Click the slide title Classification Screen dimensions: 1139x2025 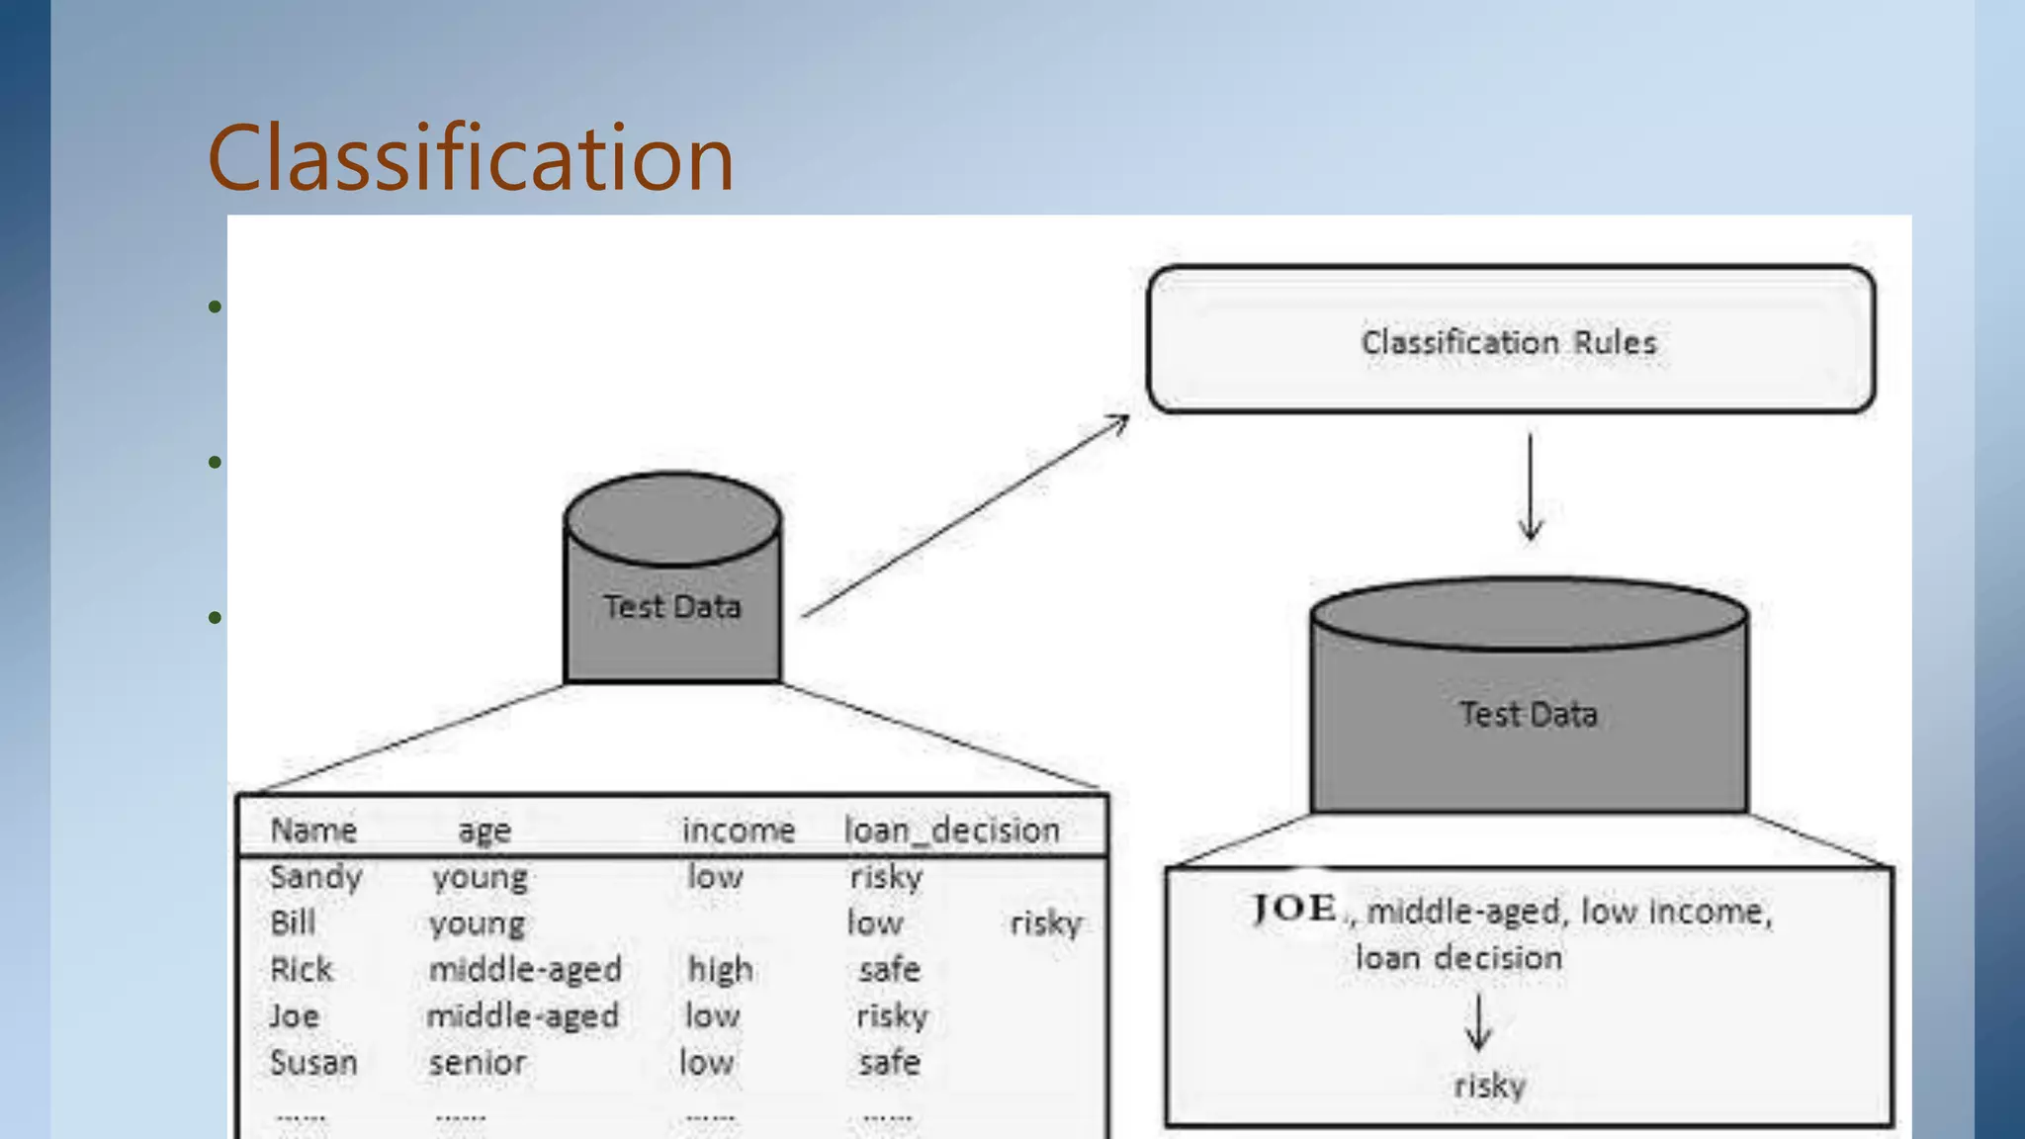pos(471,158)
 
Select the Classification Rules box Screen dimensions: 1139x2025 pos(1510,339)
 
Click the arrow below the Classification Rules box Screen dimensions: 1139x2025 pos(1531,487)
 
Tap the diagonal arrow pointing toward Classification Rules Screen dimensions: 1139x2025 pos(967,515)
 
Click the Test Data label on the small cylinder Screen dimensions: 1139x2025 pos(672,606)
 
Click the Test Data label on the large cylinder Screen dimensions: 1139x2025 pos(1529,714)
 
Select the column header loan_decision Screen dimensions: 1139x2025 pos(951,831)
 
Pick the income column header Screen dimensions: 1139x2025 pos(738,831)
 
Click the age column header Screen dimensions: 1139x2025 pos(484,831)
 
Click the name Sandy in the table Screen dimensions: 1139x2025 pos(315,877)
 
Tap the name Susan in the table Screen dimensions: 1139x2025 pos(313,1063)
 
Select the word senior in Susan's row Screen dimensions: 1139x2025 pos(478,1063)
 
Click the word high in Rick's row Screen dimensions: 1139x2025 pos(720,970)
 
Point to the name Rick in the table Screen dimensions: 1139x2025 pos(302,970)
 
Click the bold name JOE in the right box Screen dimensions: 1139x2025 pos(1294,908)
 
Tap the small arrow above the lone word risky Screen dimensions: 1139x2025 pos(1478,1023)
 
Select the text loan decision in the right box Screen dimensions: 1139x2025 pos(1458,958)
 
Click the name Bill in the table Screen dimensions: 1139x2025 pos(293,923)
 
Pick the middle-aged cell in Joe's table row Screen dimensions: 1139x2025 pos(522,1016)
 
